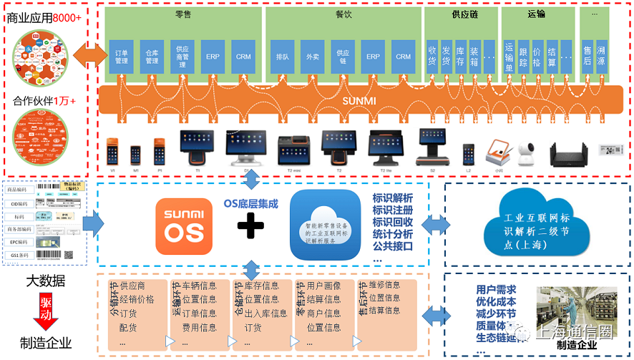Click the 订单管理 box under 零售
coord(121,57)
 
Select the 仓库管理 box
coord(152,57)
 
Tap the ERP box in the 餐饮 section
coord(372,57)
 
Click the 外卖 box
coord(311,57)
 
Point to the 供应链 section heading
coord(461,14)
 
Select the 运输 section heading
coord(537,14)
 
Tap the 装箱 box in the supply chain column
coord(474,56)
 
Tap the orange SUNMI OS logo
coord(184,228)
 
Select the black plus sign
coord(251,228)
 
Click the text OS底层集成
coord(250,203)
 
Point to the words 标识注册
coord(393,211)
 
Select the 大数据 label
coord(46,281)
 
